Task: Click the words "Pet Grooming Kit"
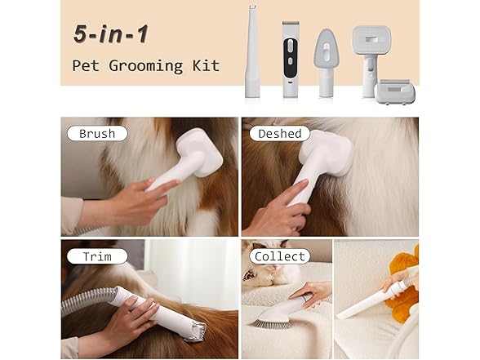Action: (145, 65)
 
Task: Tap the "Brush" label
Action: (96, 133)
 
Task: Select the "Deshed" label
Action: (280, 133)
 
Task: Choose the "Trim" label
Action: (96, 256)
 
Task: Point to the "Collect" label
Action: (280, 256)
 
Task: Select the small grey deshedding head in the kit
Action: (394, 91)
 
